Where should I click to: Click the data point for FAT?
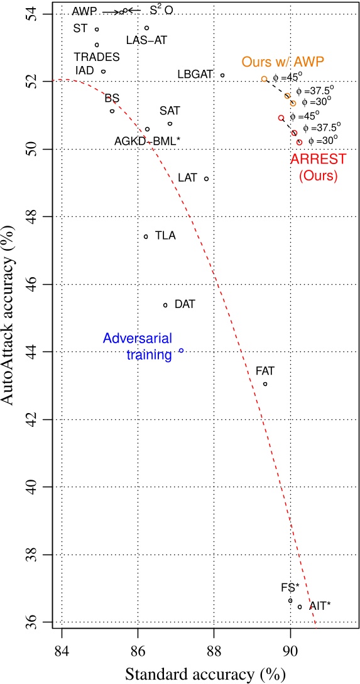(x=265, y=383)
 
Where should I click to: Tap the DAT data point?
(x=165, y=305)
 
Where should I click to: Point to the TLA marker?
(x=146, y=236)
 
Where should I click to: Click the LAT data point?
(x=206, y=179)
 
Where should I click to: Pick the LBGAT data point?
(x=222, y=75)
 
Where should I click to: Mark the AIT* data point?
(x=300, y=607)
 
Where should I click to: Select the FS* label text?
(x=290, y=588)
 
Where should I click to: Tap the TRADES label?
(x=97, y=57)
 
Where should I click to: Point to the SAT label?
(x=170, y=111)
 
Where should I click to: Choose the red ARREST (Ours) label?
(x=314, y=168)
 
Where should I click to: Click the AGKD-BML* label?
(x=148, y=141)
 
